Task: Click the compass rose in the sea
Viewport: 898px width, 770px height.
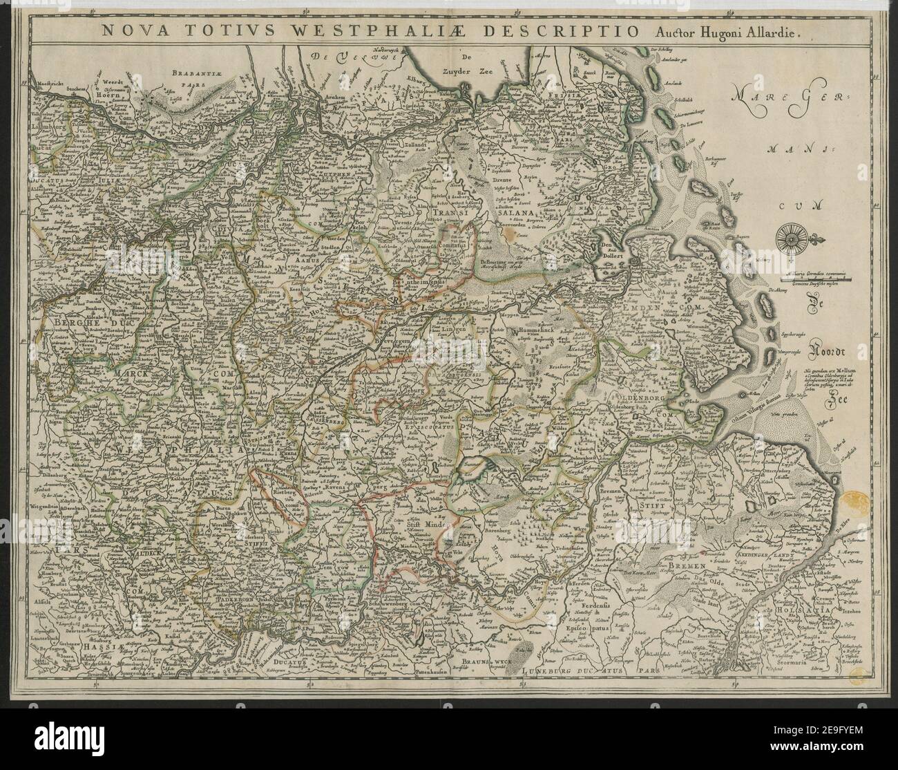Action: coord(789,237)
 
